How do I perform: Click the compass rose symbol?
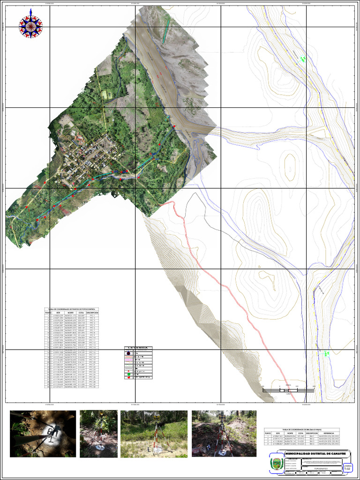[x=30, y=26]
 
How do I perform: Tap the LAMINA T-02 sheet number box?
[x=347, y=467]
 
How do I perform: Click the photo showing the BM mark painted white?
[x=43, y=434]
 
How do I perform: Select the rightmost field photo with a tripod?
[x=224, y=434]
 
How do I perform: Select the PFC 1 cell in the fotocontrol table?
[x=92, y=316]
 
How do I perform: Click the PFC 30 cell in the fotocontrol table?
[x=92, y=400]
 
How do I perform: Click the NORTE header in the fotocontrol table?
[x=71, y=313]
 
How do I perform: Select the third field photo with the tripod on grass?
[x=154, y=434]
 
